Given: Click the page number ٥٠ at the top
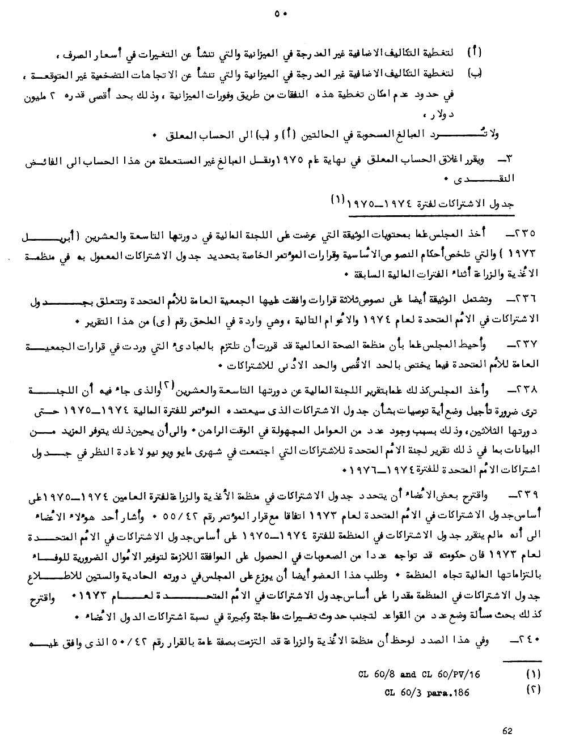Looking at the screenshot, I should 281,14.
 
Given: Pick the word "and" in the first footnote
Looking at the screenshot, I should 408,675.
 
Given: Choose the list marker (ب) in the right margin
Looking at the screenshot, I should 475,73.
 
